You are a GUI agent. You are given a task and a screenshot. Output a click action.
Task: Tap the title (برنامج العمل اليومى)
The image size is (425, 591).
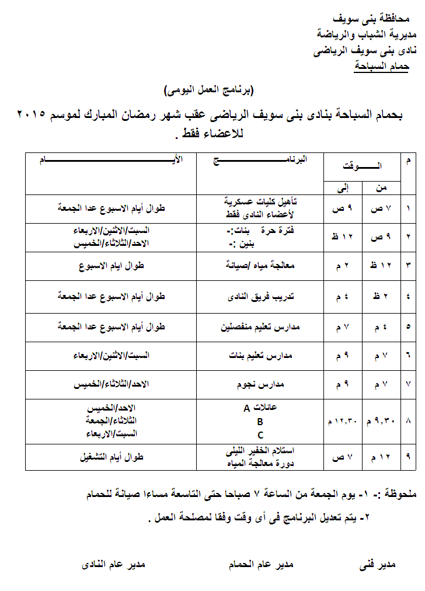210,91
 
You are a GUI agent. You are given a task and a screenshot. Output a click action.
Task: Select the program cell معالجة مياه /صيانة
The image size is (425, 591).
260,265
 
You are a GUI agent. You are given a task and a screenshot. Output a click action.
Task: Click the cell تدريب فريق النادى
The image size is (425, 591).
260,296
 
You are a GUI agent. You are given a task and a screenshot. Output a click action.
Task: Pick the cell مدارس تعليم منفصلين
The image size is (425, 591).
260,327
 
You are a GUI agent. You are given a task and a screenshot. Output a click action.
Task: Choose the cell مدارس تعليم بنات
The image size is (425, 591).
260,355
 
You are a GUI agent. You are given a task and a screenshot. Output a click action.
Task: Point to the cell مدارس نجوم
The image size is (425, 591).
260,384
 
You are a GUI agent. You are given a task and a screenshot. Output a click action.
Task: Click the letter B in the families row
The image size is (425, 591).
260,421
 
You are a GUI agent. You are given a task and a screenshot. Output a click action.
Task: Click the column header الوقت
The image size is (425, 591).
362,166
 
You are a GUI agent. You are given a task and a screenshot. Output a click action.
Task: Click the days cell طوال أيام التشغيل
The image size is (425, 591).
112,457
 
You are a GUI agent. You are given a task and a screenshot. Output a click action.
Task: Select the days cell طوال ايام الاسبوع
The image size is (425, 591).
112,265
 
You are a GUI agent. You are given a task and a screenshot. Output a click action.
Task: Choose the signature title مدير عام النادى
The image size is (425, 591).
112,565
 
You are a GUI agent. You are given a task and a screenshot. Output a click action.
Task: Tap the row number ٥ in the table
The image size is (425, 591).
408,327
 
